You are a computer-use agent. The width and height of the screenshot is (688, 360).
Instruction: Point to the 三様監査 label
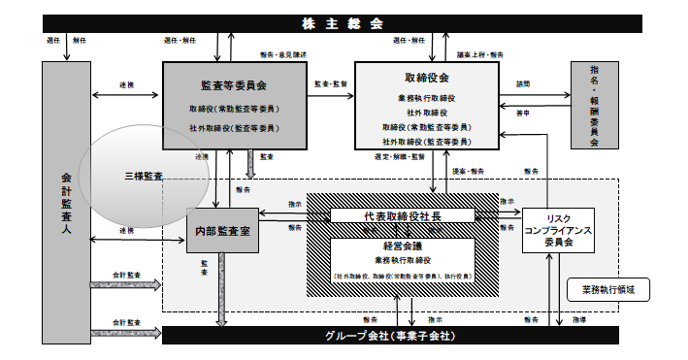pos(144,178)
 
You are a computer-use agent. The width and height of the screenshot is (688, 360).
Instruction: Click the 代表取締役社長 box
pos(403,215)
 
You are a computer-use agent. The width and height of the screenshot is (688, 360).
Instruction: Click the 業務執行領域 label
pos(606,288)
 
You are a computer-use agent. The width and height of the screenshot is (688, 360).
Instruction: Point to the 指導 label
pos(578,318)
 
